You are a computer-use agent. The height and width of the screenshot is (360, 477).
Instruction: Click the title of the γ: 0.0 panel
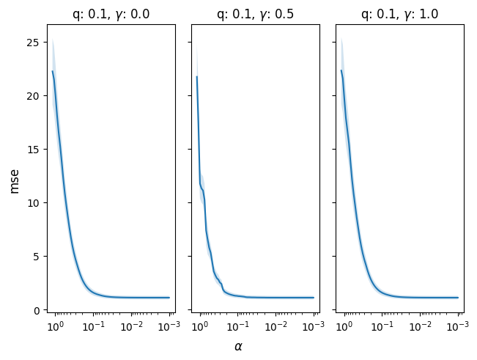pos(111,15)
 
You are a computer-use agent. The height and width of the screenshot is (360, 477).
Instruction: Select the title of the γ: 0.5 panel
pos(255,15)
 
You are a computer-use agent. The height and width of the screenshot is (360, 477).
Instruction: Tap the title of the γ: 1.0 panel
pos(400,15)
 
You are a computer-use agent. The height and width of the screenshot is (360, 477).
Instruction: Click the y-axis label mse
pos(14,182)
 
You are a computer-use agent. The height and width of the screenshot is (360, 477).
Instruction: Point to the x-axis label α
pos(238,346)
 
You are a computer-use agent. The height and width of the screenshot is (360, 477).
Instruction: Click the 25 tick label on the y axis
pos(33,43)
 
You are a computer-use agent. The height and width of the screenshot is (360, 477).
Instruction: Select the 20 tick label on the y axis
pos(33,96)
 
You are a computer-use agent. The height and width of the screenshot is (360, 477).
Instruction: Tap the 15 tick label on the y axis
pos(33,150)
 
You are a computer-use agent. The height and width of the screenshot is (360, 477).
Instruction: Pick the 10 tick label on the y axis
pos(33,203)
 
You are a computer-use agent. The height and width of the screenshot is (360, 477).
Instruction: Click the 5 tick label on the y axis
pos(36,257)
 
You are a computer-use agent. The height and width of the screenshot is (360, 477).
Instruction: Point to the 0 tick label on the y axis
pos(36,311)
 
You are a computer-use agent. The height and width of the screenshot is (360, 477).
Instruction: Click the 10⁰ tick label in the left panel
pos(55,326)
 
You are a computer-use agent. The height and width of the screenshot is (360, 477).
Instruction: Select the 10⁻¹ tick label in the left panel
pos(93,326)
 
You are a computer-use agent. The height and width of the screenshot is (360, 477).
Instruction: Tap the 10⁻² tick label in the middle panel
pos(276,326)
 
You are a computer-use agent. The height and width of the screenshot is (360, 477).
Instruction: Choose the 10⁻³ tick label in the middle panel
pos(314,326)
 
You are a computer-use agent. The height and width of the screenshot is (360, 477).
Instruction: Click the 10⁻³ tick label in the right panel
pos(457,326)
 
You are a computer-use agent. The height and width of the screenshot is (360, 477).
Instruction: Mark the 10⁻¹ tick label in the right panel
pos(382,326)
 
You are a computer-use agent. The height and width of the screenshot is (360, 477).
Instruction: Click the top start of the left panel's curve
pos(52,71)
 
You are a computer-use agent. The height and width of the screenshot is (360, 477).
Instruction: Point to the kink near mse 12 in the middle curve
pos(200,183)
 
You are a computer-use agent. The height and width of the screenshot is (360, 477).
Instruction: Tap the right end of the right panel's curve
pos(458,298)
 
